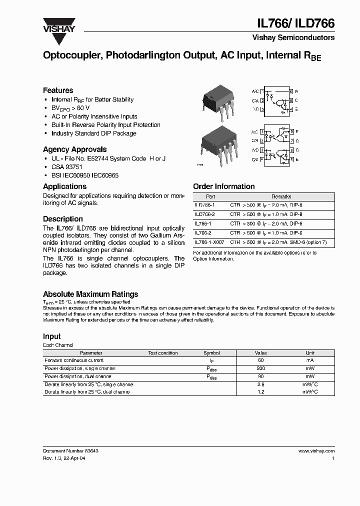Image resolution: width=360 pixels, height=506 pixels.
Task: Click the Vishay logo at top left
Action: pyautogui.click(x=58, y=25)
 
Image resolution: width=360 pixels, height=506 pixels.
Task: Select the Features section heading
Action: pyautogui.click(x=58, y=90)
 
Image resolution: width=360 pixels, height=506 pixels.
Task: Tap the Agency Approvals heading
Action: pyautogui.click(x=74, y=149)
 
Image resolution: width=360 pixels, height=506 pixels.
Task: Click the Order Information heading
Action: pyautogui.click(x=223, y=186)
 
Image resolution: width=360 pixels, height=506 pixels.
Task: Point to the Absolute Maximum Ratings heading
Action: pyautogui.click(x=90, y=294)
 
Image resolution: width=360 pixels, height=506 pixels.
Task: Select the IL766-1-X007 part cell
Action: pyautogui.click(x=209, y=241)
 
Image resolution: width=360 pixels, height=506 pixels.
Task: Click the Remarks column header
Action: pyautogui.click(x=281, y=197)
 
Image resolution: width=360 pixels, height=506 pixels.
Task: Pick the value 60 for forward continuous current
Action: pyautogui.click(x=260, y=360)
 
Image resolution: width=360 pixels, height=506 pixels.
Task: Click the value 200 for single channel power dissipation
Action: pyautogui.click(x=260, y=368)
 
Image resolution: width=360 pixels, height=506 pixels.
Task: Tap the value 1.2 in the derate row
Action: pyautogui.click(x=260, y=392)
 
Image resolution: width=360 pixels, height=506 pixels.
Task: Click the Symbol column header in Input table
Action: pyautogui.click(x=211, y=353)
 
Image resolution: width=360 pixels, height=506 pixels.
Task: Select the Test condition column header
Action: pyautogui.click(x=163, y=353)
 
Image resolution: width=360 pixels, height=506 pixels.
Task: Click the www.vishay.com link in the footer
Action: pyautogui.click(x=316, y=451)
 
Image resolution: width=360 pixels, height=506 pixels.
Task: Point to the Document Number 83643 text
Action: pyautogui.click(x=70, y=451)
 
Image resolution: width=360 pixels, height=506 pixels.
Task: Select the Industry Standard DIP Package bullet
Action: pyautogui.click(x=93, y=133)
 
